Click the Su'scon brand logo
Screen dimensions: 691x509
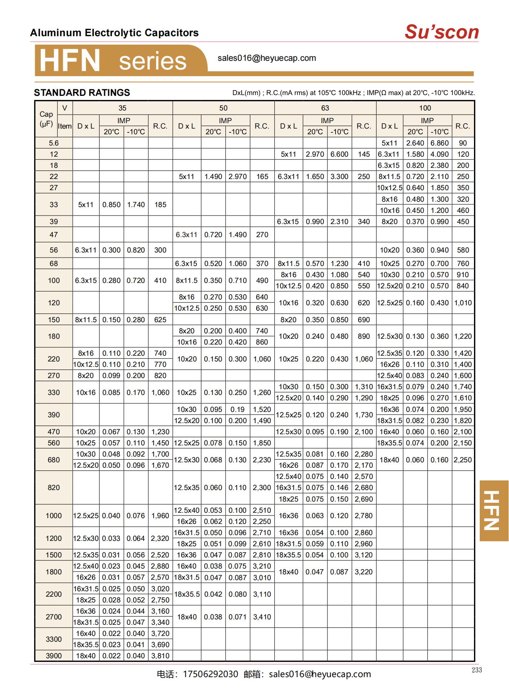pyautogui.click(x=441, y=32)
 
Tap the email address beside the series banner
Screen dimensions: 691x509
pyautogui.click(x=267, y=58)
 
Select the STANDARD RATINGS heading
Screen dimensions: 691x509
pyautogui.click(x=82, y=93)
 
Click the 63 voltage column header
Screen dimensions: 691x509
pyautogui.click(x=325, y=108)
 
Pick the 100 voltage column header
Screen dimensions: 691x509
pyautogui.click(x=425, y=108)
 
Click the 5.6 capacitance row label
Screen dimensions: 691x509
pyautogui.click(x=53, y=143)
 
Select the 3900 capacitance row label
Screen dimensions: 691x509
pyautogui.click(x=53, y=656)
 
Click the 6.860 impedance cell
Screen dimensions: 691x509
pyautogui.click(x=439, y=143)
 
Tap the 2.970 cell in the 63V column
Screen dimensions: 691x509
pyautogui.click(x=315, y=154)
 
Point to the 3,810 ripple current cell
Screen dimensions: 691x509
pyautogui.click(x=160, y=656)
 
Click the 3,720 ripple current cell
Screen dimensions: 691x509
pyautogui.click(x=160, y=633)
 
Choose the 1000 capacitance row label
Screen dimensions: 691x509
pyautogui.click(x=53, y=516)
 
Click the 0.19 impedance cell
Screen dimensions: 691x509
pyautogui.click(x=237, y=410)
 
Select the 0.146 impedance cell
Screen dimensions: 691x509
pyautogui.click(x=339, y=488)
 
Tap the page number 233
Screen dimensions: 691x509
pyautogui.click(x=476, y=670)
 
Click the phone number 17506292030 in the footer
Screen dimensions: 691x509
pyautogui.click(x=210, y=674)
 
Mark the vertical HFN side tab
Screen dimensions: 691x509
pyautogui.click(x=494, y=510)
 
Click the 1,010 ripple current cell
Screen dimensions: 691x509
pyautogui.click(x=463, y=303)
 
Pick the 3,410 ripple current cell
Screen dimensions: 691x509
pyautogui.click(x=262, y=617)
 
